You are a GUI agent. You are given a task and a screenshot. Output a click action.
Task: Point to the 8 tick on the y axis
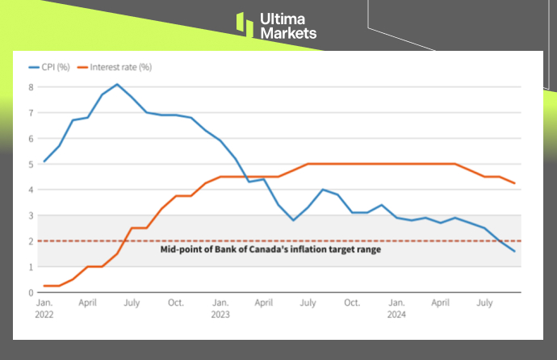31,87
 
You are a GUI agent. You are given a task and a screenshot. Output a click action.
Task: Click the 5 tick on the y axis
31,164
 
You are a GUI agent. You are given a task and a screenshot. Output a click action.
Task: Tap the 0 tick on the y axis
31,292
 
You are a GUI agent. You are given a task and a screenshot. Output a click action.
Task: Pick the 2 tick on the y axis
31,241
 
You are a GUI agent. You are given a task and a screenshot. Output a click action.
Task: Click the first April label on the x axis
88,303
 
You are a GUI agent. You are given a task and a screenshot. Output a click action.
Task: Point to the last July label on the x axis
485,303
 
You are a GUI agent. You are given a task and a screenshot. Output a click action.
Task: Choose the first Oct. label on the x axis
175,303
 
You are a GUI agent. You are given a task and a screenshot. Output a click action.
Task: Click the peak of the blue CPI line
117,84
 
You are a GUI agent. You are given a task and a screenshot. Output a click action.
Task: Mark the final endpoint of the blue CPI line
514,251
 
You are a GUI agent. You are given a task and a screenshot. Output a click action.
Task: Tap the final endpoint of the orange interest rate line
514,183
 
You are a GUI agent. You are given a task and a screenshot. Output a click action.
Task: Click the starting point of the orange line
44,286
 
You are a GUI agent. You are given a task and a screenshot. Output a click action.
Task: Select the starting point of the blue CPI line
44,161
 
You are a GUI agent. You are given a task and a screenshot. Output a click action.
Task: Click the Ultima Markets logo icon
245,24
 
